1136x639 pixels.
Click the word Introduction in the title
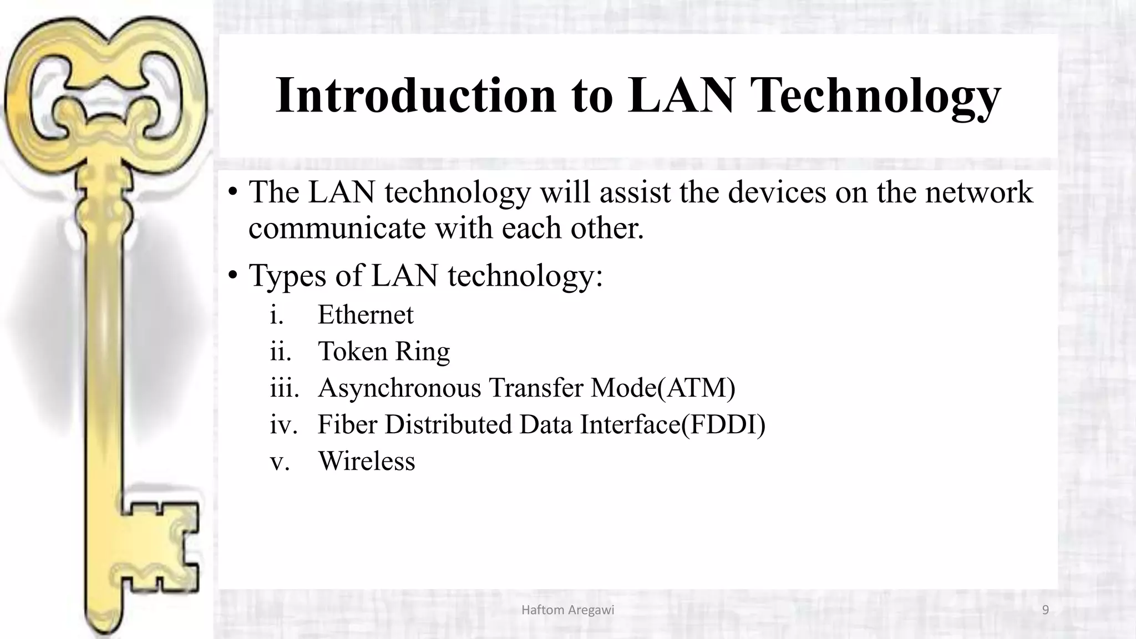(415, 95)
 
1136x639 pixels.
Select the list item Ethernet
(366, 315)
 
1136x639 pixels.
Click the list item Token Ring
(383, 351)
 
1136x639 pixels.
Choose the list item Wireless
(366, 461)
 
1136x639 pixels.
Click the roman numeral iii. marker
(284, 387)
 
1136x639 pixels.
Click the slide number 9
(1046, 610)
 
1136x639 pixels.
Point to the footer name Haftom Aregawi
(567, 610)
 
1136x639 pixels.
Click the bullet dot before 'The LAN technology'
(233, 192)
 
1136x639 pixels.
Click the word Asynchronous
(399, 387)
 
